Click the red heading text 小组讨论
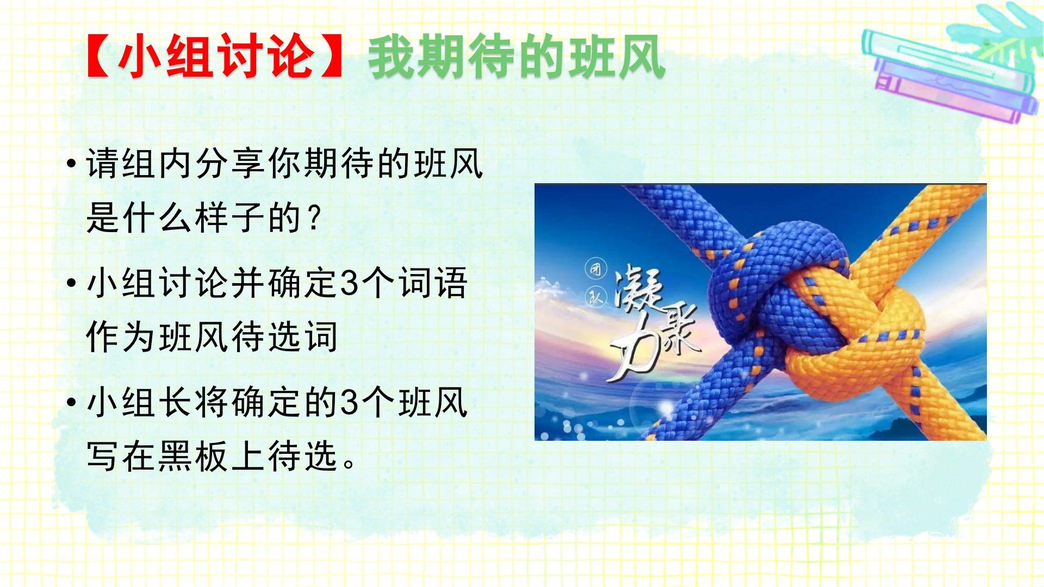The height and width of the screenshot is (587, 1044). (216, 57)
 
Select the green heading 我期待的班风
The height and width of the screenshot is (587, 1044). (517, 57)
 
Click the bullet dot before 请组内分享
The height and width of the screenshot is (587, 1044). (71, 164)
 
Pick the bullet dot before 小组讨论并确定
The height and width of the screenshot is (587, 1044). (71, 283)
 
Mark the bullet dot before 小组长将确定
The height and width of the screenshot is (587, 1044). (71, 403)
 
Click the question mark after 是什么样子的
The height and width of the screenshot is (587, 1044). (313, 217)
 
